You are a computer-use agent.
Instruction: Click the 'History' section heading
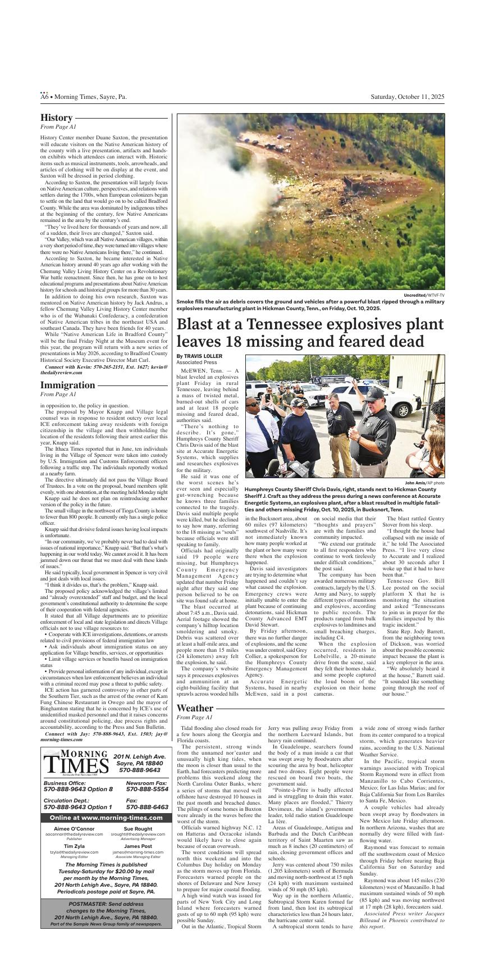pyautogui.click(x=56, y=118)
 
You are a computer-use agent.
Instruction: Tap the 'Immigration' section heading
pyautogui.click(x=67, y=385)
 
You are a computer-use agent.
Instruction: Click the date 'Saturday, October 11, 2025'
pyautogui.click(x=407, y=97)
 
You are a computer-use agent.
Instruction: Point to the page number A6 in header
pyautogui.click(x=44, y=97)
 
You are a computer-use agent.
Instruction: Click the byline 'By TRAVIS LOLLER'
pyautogui.click(x=199, y=356)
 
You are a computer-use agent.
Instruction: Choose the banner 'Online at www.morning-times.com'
pyautogui.click(x=105, y=817)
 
